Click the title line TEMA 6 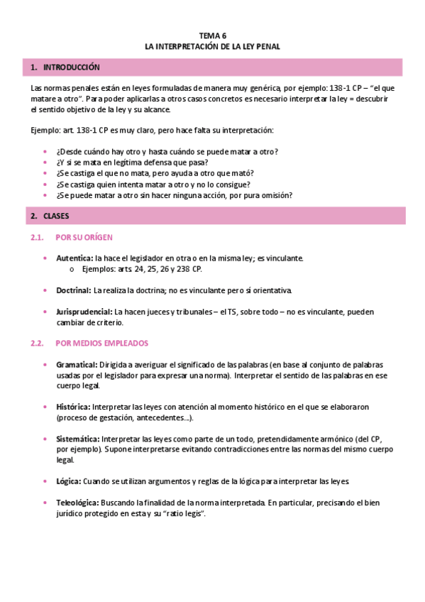tap(212, 35)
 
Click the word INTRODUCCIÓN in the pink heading tap(72, 67)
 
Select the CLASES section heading tap(56, 215)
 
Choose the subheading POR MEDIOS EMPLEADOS tap(101, 343)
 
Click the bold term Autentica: tap(74, 258)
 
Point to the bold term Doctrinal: tap(73, 290)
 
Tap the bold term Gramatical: tap(77, 364)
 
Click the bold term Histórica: tap(73, 407)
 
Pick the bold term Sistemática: tap(78, 439)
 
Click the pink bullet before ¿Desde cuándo tap(45, 152)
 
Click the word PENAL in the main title tap(268, 46)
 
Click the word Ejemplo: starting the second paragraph tap(46, 131)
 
